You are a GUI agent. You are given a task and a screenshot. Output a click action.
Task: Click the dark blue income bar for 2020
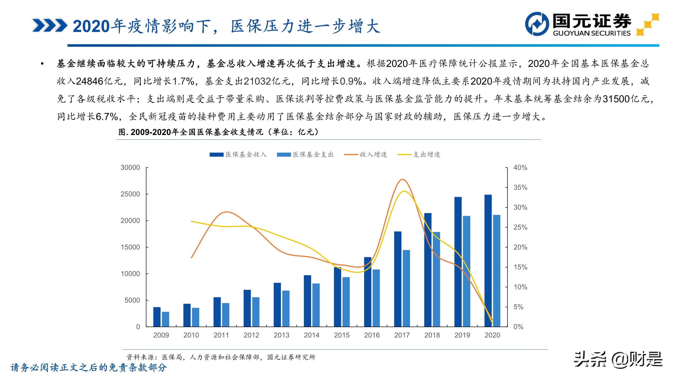coord(488,262)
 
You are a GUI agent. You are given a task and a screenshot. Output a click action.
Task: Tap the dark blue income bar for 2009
coord(157,317)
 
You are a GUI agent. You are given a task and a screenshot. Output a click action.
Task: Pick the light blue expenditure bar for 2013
coord(286,309)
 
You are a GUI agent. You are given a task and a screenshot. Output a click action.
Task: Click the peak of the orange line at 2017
coord(403,179)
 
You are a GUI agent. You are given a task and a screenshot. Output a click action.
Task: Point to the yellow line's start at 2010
coord(192,221)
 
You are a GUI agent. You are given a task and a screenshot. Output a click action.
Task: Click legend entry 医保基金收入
coord(238,155)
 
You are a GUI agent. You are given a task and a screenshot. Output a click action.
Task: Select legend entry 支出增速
coord(419,155)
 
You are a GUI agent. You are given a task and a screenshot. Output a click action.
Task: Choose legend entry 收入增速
coord(366,155)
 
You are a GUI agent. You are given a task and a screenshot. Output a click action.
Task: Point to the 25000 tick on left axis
coord(130,194)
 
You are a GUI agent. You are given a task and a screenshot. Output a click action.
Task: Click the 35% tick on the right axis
coord(520,187)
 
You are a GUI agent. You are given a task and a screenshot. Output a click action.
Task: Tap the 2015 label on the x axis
coord(342,335)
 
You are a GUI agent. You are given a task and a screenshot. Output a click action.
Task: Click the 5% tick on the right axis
coord(518,307)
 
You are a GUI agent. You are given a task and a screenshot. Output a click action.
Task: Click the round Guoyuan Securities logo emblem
coord(537,24)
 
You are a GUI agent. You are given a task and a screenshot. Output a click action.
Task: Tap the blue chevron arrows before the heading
coord(50,25)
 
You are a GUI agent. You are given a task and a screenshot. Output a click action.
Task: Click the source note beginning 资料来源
coord(221,357)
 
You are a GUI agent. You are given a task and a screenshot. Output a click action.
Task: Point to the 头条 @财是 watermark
coord(618,360)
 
